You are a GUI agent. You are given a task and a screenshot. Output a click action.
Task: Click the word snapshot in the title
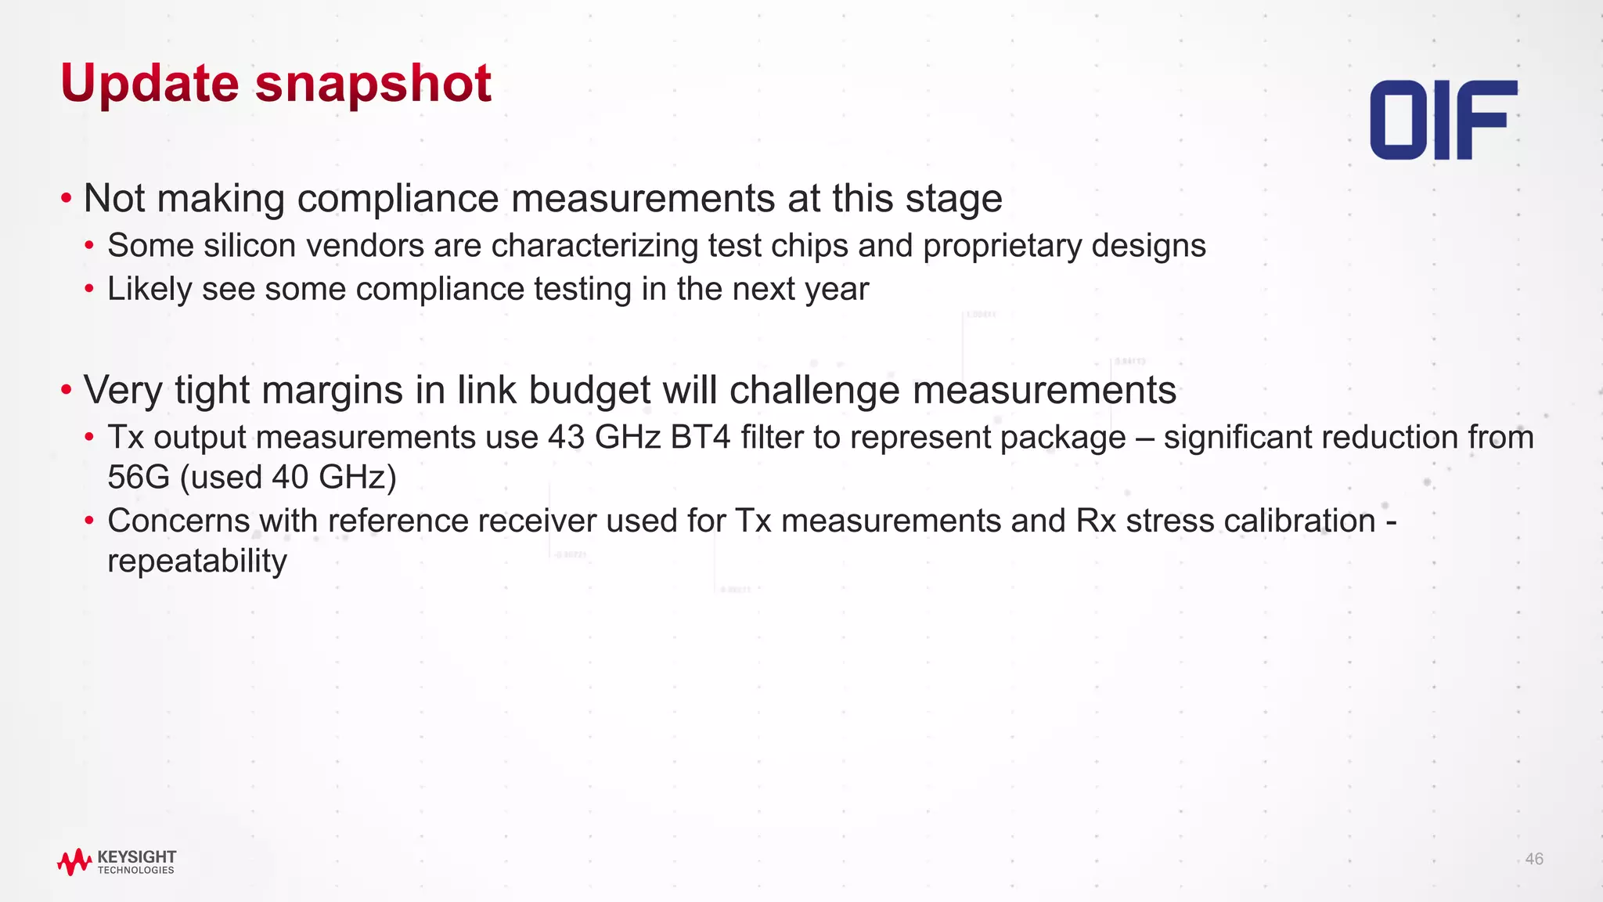pyautogui.click(x=373, y=83)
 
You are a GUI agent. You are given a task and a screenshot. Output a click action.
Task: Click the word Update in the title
pyautogui.click(x=149, y=83)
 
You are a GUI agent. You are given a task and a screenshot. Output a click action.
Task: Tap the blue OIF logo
pyautogui.click(x=1443, y=120)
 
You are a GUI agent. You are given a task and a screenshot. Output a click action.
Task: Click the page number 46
pyautogui.click(x=1534, y=859)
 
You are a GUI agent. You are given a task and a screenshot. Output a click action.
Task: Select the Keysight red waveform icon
pyautogui.click(x=74, y=862)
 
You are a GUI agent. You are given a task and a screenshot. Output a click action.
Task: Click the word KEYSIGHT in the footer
pyautogui.click(x=137, y=857)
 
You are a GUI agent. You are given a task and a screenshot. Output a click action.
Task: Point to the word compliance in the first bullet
pyautogui.click(x=398, y=198)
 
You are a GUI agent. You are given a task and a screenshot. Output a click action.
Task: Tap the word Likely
pyautogui.click(x=149, y=289)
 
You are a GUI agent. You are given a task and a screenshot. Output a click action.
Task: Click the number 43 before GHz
pyautogui.click(x=566, y=437)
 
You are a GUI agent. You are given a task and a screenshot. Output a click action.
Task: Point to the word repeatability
pyautogui.click(x=197, y=561)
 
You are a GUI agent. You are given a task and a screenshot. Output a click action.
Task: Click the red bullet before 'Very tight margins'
pyautogui.click(x=67, y=389)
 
